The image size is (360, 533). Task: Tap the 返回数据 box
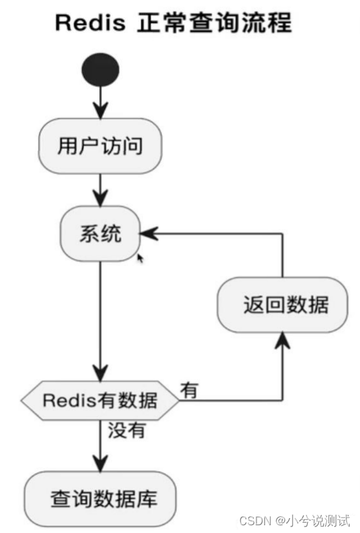[x=282, y=305]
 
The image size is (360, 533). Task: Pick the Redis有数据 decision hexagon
[x=100, y=400]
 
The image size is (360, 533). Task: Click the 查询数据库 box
[x=100, y=499]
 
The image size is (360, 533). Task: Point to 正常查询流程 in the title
[x=214, y=23]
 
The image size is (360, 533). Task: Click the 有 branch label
[x=189, y=390]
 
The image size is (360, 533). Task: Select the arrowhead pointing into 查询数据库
[x=100, y=463]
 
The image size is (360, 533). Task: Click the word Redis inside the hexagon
[x=68, y=400]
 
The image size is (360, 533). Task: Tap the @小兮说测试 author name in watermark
[x=314, y=521]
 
